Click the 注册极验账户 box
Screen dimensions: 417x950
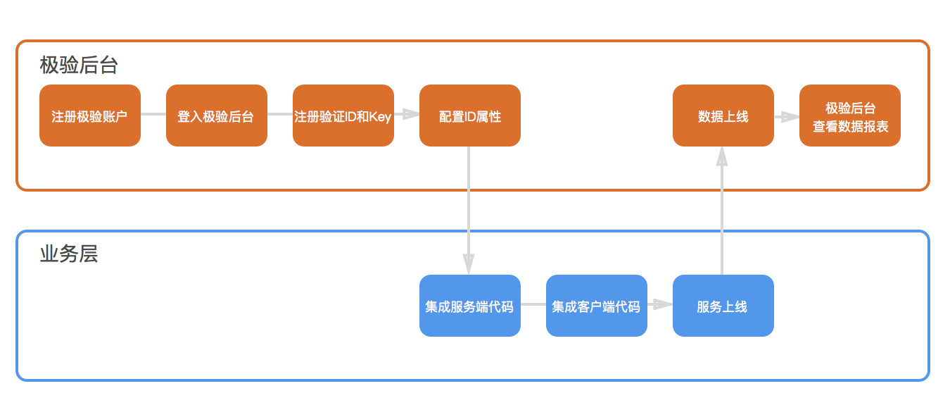pyautogui.click(x=90, y=116)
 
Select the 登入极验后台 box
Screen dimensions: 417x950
pyautogui.click(x=217, y=116)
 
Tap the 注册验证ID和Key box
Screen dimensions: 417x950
pyautogui.click(x=343, y=116)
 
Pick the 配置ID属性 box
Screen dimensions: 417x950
pyautogui.click(x=470, y=116)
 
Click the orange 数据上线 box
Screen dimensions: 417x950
pyautogui.click(x=723, y=116)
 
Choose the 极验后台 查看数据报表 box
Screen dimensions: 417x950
pyautogui.click(x=850, y=116)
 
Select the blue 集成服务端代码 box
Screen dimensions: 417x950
pyautogui.click(x=470, y=306)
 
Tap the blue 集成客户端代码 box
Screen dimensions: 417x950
pyautogui.click(x=597, y=306)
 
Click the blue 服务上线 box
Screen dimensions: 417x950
pyautogui.click(x=723, y=306)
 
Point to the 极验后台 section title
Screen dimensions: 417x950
pyautogui.click(x=79, y=66)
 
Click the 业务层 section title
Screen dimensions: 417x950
pyautogui.click(x=69, y=254)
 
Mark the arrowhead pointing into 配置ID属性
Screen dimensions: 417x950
pyautogui.click(x=411, y=114)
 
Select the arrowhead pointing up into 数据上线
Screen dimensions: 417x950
pyautogui.click(x=722, y=156)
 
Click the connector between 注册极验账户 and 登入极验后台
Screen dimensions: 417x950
pyautogui.click(x=153, y=114)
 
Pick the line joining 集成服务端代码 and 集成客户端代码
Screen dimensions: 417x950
pyautogui.click(x=533, y=304)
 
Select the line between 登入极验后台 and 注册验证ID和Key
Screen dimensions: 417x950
pyautogui.click(x=280, y=114)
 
